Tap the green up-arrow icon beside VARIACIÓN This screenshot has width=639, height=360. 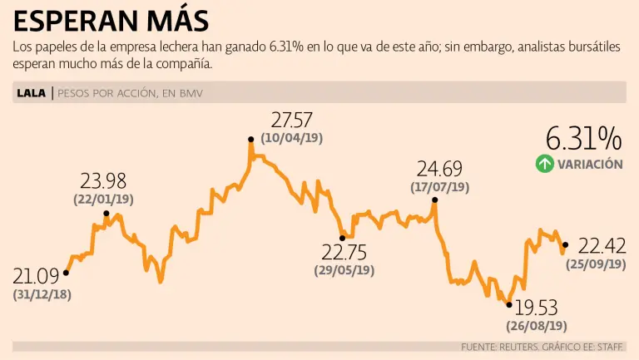(544, 164)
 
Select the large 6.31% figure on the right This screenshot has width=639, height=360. (583, 138)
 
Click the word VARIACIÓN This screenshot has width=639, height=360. (591, 165)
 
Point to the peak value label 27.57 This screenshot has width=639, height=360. (292, 121)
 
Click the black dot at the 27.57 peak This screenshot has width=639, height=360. (250, 140)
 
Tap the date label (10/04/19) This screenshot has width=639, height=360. (291, 139)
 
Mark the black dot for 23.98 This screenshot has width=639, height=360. (106, 214)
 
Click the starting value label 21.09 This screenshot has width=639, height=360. (37, 276)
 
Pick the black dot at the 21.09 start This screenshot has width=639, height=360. (66, 272)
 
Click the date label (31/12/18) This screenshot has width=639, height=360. (42, 294)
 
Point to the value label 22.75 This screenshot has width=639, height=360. (344, 252)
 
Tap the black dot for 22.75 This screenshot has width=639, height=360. (342, 238)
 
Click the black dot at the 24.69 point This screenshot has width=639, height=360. (434, 200)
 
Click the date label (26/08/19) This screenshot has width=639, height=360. (537, 326)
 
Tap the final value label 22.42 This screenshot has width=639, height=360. (602, 245)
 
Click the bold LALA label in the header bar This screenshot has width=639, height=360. (32, 93)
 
